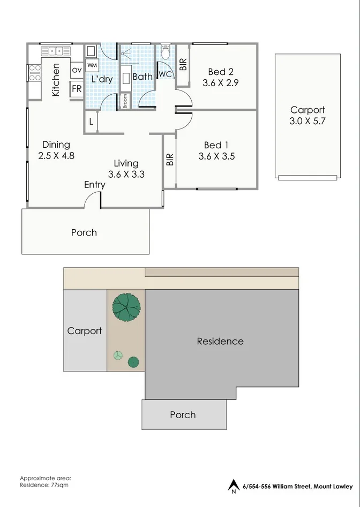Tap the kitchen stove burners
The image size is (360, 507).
pyautogui.click(x=34, y=73)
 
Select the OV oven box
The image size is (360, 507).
pyautogui.click(x=77, y=70)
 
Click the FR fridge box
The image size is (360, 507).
pyautogui.click(x=77, y=89)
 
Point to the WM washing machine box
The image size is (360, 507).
pyautogui.click(x=92, y=65)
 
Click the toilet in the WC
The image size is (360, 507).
pyautogui.click(x=166, y=54)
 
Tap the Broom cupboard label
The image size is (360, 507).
pyautogui.click(x=125, y=101)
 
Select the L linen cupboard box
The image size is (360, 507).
pyautogui.click(x=92, y=122)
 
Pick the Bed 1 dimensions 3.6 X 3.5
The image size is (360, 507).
pyautogui.click(x=216, y=156)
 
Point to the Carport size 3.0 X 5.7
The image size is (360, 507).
pyautogui.click(x=307, y=121)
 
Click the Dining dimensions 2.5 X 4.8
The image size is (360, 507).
pyautogui.click(x=56, y=156)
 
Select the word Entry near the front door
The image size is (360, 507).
pyautogui.click(x=95, y=185)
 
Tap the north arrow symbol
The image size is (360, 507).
pyautogui.click(x=233, y=486)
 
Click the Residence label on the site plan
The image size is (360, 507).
pyautogui.click(x=220, y=341)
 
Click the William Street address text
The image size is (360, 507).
pyautogui.click(x=297, y=487)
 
